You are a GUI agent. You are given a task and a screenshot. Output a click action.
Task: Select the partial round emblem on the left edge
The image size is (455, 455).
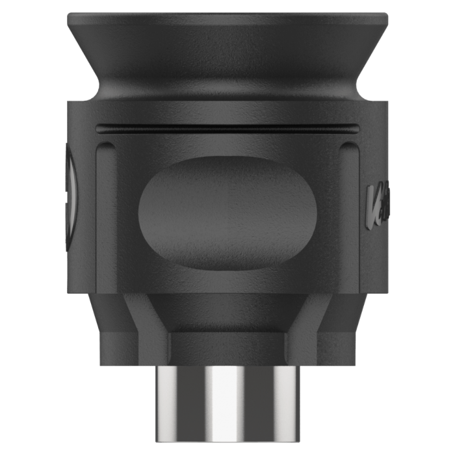pyautogui.click(x=73, y=194)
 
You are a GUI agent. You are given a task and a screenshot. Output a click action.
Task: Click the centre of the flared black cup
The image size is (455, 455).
pyautogui.click(x=227, y=52)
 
